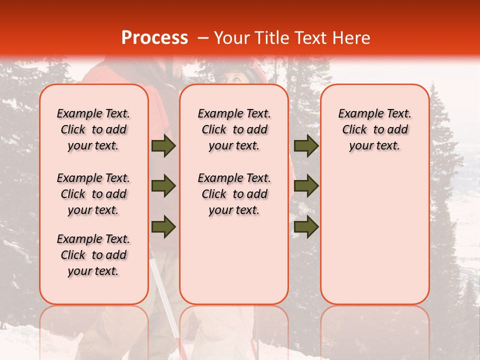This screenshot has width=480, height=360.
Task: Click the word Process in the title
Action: pos(154,38)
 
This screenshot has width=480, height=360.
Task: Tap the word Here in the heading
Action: pos(351,38)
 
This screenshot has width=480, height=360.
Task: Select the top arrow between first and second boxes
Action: pos(163,146)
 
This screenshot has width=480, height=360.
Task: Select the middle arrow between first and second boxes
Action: pos(163,186)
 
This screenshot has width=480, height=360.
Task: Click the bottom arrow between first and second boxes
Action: pos(163,227)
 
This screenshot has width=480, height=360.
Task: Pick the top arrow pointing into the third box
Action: pos(306,146)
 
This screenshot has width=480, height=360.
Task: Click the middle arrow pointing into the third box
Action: pos(306,186)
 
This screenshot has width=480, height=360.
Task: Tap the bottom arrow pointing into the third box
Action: pos(306,227)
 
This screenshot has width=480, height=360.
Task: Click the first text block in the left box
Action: pos(93,129)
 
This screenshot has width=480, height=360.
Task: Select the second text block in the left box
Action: pos(93,194)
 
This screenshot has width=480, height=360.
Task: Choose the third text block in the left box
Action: pos(93,255)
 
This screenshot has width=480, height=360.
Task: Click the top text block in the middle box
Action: pos(234,129)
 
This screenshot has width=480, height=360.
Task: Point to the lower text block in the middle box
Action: pos(234,194)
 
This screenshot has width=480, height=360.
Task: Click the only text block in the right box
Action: pos(374,129)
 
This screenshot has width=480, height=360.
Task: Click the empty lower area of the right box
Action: pos(374,235)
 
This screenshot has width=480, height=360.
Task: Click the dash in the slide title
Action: pos(203,38)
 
